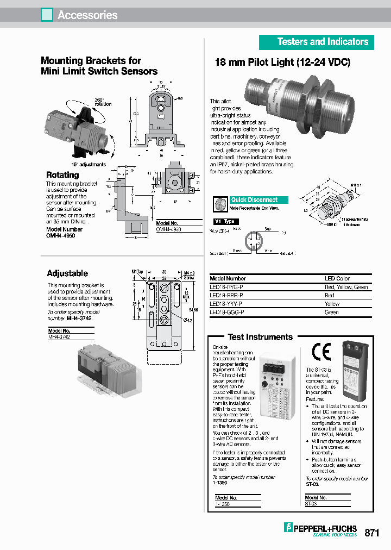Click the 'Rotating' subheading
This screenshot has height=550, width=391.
pyautogui.click(x=62, y=175)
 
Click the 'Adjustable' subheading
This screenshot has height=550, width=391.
pyautogui.click(x=67, y=273)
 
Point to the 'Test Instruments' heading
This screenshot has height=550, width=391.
pyautogui.click(x=260, y=337)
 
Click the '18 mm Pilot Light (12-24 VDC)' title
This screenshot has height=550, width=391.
pyautogui.click(x=283, y=62)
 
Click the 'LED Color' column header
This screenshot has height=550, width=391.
pyautogui.click(x=337, y=278)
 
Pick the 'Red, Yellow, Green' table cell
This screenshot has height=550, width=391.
pyautogui.click(x=346, y=287)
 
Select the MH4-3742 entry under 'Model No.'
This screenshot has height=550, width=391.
pyautogui.click(x=59, y=337)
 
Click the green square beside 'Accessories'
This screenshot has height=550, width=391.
pyautogui.click(x=47, y=15)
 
